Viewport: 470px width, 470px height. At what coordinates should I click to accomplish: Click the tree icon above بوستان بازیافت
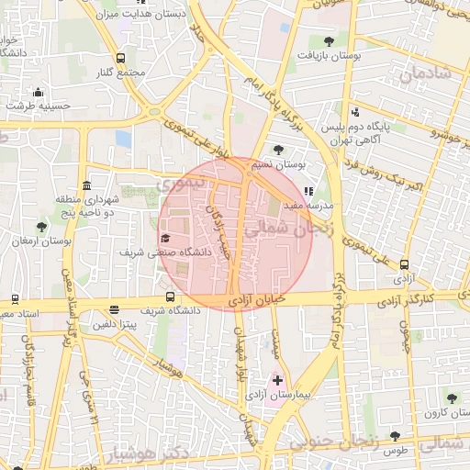pyautogui.click(x=329, y=40)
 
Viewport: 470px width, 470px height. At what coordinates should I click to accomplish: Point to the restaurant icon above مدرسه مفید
pyautogui.click(x=308, y=191)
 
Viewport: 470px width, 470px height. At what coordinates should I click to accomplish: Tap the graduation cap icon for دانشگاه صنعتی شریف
pyautogui.click(x=165, y=238)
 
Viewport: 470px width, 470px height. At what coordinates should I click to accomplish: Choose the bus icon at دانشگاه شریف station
pyautogui.click(x=170, y=297)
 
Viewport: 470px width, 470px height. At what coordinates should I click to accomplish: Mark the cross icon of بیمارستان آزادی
pyautogui.click(x=277, y=379)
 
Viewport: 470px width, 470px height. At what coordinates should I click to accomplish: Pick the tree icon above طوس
pyautogui.click(x=395, y=436)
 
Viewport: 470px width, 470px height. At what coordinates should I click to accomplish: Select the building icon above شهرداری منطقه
pyautogui.click(x=85, y=185)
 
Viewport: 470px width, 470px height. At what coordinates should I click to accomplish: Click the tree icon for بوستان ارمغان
pyautogui.click(x=41, y=227)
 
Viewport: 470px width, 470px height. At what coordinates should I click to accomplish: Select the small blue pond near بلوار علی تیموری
pyautogui.click(x=124, y=138)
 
